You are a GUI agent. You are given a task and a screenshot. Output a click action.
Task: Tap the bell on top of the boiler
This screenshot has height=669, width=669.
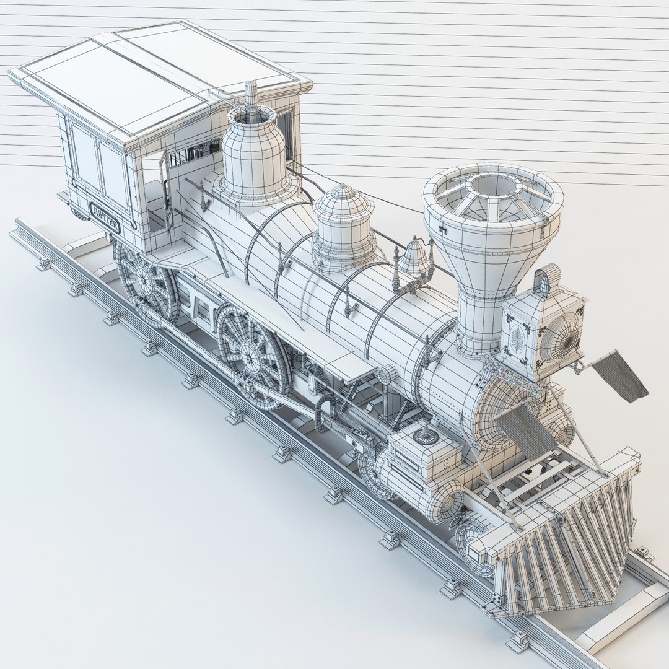(x=414, y=257)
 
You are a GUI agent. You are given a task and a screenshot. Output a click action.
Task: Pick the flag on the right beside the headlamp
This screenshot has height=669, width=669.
(x=620, y=375)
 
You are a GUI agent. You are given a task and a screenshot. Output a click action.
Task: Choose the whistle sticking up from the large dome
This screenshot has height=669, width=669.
(x=251, y=99)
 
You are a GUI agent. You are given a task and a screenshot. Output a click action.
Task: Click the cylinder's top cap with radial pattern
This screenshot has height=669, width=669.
(x=426, y=436)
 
